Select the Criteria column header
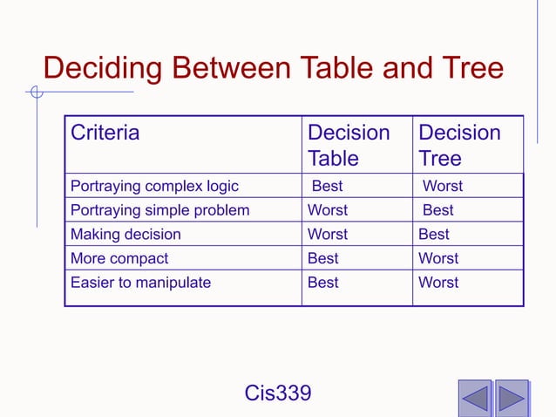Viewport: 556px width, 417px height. click(105, 133)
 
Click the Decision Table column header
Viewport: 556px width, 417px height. click(349, 146)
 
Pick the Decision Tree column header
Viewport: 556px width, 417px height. click(459, 146)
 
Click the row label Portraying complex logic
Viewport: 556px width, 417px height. click(154, 186)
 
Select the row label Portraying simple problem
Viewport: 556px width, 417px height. click(159, 210)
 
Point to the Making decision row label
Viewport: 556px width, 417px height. click(125, 235)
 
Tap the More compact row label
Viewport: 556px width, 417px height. click(119, 259)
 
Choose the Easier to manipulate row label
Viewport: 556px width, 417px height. click(140, 283)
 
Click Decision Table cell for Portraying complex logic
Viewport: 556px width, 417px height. click(328, 186)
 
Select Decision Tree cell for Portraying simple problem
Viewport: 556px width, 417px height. click(438, 210)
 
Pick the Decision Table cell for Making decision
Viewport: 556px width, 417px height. click(328, 235)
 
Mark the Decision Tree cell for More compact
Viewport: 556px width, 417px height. click(438, 259)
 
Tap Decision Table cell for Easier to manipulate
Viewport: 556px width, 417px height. click(323, 283)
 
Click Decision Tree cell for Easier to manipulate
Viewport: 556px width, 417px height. click(438, 283)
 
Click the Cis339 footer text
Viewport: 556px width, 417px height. click(278, 393)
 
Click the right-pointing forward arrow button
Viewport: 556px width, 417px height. click(512, 398)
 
